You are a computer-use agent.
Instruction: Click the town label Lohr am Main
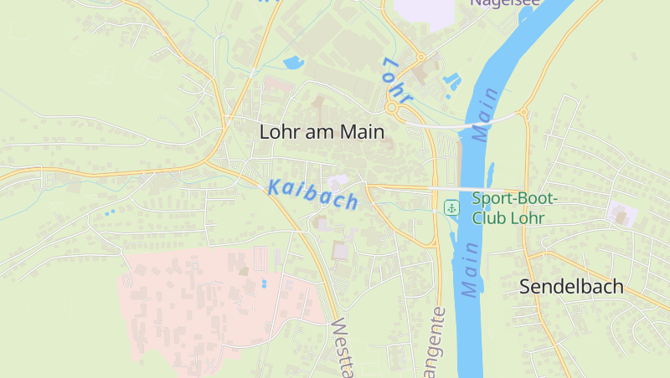(x=322, y=131)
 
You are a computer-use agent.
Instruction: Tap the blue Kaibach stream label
(x=313, y=195)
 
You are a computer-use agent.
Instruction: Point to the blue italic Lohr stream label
(x=396, y=81)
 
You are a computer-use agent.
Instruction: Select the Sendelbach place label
(x=571, y=286)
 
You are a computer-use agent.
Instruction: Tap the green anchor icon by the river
(x=451, y=207)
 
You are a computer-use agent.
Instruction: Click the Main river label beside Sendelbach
(x=469, y=269)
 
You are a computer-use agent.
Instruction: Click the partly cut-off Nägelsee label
(x=505, y=3)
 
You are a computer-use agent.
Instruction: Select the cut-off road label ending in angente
(x=438, y=343)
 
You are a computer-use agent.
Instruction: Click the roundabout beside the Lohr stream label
(x=391, y=108)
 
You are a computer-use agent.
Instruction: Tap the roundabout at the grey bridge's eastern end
(x=523, y=112)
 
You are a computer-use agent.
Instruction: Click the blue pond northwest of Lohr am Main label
(x=294, y=62)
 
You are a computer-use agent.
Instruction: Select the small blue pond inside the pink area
(x=264, y=283)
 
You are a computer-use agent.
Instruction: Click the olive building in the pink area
(x=244, y=270)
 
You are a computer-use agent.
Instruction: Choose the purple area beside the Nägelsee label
(x=423, y=10)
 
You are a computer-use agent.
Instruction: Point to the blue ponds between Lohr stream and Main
(x=452, y=81)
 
